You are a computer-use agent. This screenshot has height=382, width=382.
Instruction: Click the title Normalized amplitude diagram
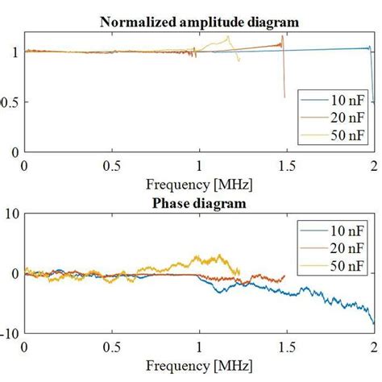pos(199,22)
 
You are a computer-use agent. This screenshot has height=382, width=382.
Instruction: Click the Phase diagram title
pos(199,204)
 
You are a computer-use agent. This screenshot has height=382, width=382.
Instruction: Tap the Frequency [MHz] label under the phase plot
pos(199,367)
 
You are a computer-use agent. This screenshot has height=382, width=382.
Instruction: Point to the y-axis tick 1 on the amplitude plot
pos(15,52)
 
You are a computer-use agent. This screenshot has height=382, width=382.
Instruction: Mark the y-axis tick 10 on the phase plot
pos(11,214)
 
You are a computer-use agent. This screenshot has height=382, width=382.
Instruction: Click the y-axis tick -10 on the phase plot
pos(10,332)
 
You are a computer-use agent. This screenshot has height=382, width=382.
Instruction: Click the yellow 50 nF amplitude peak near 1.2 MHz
pos(229,36)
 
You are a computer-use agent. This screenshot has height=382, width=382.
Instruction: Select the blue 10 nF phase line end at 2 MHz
pos(373,323)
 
